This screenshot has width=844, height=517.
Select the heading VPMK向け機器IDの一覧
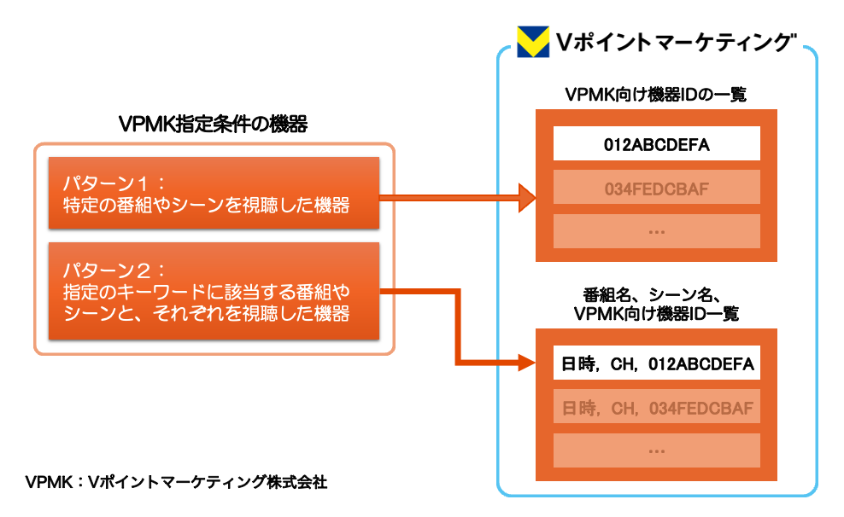[x=656, y=94]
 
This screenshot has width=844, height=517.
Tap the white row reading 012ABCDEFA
[x=656, y=143]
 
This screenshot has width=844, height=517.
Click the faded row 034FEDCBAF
[x=656, y=187]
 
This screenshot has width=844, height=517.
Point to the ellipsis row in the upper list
[x=656, y=230]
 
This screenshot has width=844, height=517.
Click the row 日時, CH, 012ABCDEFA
[x=656, y=365]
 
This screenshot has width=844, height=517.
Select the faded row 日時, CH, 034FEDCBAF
[x=656, y=409]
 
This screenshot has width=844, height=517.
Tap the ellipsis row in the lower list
[x=656, y=450]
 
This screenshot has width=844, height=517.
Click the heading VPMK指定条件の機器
[x=214, y=125]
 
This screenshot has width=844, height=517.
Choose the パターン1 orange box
[x=214, y=193]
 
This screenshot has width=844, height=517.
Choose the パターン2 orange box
[x=214, y=291]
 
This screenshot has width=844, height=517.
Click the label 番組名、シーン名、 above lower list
[x=656, y=295]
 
